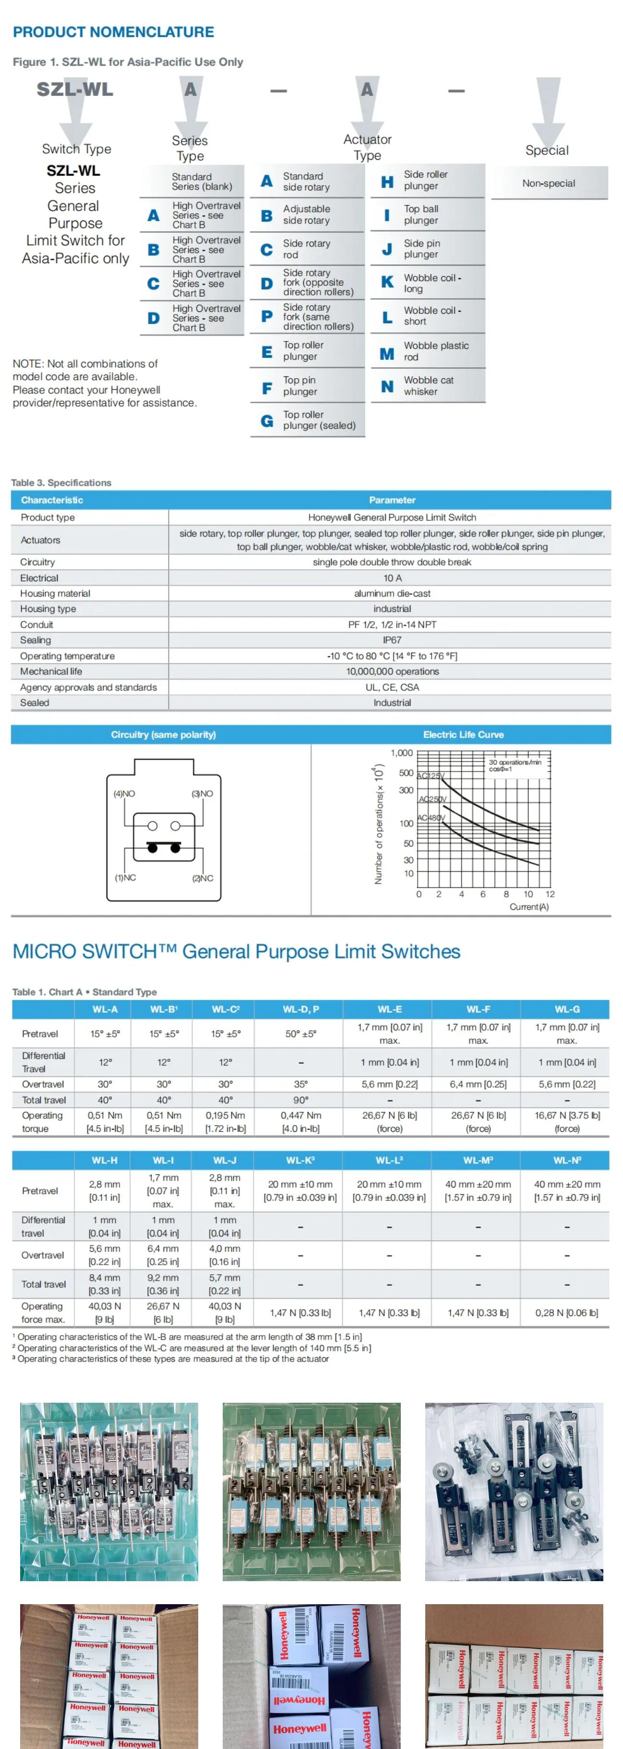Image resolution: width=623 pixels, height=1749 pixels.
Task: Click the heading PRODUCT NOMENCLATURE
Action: (113, 32)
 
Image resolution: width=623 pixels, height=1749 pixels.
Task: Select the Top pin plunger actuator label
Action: (300, 386)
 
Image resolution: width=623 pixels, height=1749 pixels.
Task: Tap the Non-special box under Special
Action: (548, 183)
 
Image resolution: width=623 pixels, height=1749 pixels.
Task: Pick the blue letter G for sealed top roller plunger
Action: (267, 421)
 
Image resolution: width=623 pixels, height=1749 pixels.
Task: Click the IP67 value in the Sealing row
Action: (392, 640)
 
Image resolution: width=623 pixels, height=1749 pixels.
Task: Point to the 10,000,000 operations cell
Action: (392, 671)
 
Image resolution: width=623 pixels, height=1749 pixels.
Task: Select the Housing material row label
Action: (55, 593)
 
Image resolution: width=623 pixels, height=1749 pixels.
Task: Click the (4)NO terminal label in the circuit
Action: (124, 794)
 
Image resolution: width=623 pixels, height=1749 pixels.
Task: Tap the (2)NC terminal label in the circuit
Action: (203, 878)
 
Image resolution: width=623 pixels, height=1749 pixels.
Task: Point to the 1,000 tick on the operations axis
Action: (402, 753)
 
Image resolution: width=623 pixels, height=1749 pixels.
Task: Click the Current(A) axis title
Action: (528, 907)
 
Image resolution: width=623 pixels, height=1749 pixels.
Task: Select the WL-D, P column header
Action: (301, 1009)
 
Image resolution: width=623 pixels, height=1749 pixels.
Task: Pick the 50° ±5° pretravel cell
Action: (301, 1034)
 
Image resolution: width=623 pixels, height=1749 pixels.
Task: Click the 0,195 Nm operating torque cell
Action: (226, 1122)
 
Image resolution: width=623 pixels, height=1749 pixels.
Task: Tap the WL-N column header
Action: (567, 1161)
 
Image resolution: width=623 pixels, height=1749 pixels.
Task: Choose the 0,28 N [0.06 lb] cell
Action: (567, 1313)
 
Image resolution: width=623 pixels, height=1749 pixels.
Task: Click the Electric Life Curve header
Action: (463, 735)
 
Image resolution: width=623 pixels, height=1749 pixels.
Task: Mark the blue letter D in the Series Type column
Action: (154, 318)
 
